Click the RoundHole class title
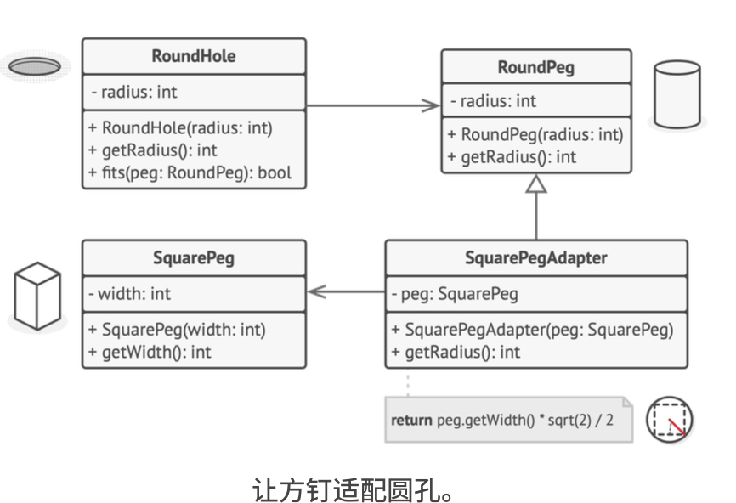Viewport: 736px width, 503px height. (x=194, y=56)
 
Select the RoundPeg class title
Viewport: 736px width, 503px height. (x=536, y=68)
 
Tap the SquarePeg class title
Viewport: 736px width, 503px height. (x=194, y=258)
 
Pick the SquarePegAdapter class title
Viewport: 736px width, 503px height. (x=536, y=258)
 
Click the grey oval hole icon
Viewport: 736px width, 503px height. (x=35, y=66)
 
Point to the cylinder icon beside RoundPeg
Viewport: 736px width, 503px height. (x=677, y=94)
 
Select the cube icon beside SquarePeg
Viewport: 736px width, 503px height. (x=37, y=296)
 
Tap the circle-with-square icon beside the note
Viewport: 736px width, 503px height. (x=669, y=420)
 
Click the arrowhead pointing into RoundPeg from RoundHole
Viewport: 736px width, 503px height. (x=430, y=105)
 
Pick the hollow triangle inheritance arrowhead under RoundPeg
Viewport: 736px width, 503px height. (x=536, y=184)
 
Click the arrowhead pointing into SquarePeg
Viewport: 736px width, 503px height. (x=317, y=291)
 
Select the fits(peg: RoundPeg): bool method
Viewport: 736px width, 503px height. (x=190, y=173)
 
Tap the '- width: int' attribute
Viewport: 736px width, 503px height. (x=129, y=294)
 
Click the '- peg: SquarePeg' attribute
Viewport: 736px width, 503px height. (x=455, y=294)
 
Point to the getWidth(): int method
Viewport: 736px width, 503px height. (x=150, y=353)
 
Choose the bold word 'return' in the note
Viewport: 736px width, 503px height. (x=411, y=420)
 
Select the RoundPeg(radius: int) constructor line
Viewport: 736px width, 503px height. (x=535, y=135)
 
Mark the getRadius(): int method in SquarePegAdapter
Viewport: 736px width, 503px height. (x=456, y=353)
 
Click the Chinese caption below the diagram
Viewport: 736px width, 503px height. (x=352, y=490)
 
